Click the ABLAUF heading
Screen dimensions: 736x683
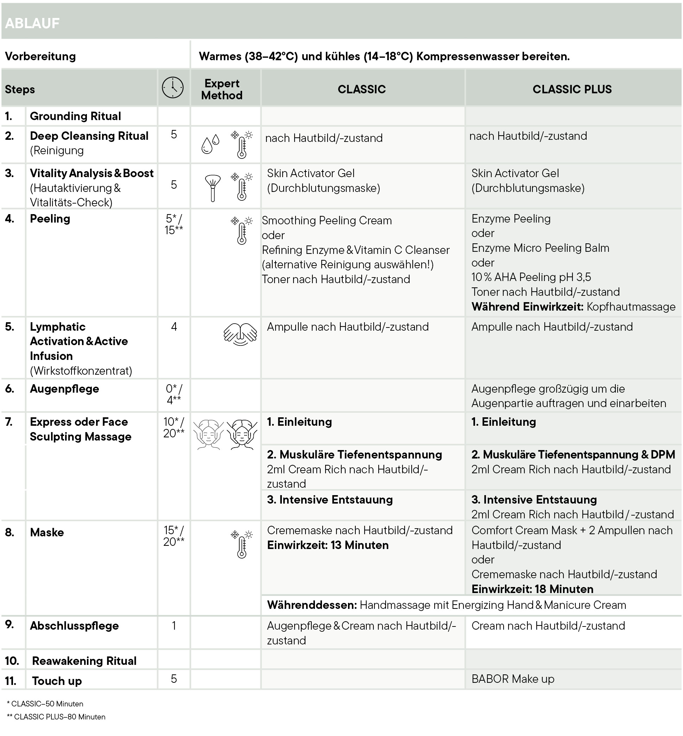coord(32,23)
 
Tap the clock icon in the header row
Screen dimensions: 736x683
coord(173,88)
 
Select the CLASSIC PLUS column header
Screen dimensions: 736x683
coord(572,89)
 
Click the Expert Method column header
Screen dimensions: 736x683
coord(222,89)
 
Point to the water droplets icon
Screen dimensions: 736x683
coord(210,144)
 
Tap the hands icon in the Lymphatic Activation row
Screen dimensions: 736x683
coord(240,333)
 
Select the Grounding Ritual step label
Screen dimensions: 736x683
coord(75,116)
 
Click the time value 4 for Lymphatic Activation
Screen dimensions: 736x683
coord(174,326)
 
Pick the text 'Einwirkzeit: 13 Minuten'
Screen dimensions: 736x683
coord(328,545)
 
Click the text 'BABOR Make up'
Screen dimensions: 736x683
coord(513,679)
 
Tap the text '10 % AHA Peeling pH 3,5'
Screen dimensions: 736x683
coord(531,277)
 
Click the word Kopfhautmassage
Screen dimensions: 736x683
coord(631,307)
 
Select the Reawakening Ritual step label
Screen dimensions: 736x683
coord(84,661)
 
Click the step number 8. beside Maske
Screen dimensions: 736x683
coord(10,532)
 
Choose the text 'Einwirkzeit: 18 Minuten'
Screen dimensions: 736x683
coord(532,589)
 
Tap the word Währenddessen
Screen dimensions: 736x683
coord(312,605)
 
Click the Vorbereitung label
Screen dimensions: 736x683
coord(40,56)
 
